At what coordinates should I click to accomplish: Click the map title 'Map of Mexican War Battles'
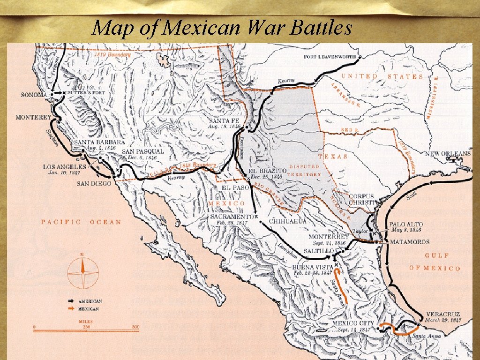[222, 28]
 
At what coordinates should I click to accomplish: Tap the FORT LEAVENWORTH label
[330, 57]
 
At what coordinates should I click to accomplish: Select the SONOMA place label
[34, 95]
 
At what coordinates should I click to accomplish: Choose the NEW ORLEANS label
[448, 154]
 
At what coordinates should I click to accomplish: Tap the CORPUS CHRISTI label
[361, 199]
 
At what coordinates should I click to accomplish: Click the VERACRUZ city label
[443, 314]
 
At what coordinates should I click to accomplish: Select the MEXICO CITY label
[353, 323]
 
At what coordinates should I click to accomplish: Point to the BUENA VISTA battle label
[313, 267]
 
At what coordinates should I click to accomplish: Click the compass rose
[83, 274]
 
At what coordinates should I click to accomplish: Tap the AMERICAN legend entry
[90, 301]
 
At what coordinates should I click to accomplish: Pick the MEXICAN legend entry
[89, 309]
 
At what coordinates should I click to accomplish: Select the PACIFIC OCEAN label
[81, 222]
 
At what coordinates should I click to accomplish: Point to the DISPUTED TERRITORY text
[305, 170]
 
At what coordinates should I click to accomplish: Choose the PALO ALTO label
[405, 225]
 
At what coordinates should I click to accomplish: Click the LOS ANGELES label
[64, 166]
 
